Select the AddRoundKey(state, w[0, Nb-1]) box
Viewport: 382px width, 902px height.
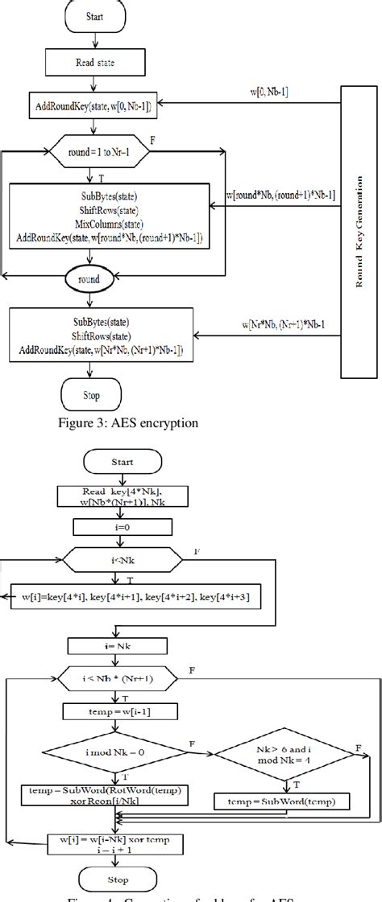96,105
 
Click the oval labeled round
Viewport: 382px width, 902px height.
96,281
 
